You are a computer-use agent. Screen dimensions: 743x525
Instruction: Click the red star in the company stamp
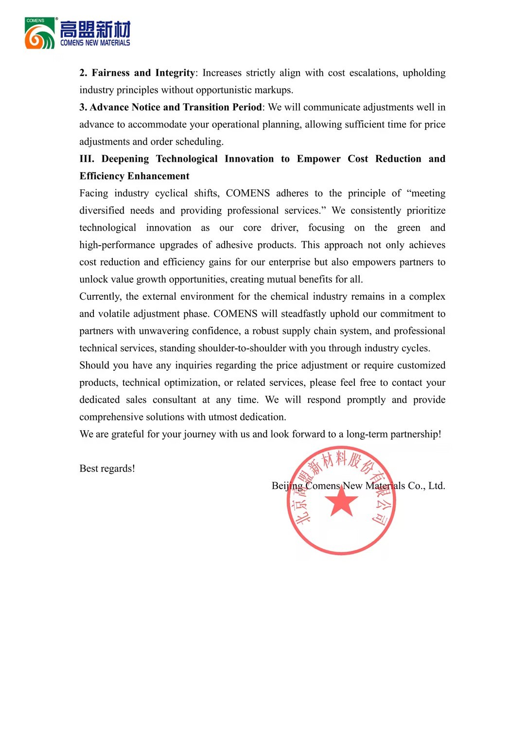tap(341, 501)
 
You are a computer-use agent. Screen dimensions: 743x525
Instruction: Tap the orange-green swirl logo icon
tap(40, 34)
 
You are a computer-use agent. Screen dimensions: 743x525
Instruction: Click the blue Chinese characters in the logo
tap(95, 30)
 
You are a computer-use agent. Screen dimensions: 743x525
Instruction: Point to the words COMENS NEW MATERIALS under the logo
tap(95, 43)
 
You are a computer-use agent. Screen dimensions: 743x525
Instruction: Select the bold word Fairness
tap(111, 73)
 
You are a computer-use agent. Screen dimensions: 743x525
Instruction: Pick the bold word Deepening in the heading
tap(125, 159)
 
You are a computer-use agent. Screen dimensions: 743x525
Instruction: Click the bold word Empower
tap(318, 159)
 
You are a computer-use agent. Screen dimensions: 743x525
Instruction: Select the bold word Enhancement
tap(158, 176)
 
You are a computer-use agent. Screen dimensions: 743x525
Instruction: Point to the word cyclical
tap(171, 193)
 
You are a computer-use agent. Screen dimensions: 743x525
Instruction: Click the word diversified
tap(102, 211)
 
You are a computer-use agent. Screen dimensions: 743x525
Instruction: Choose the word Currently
tap(100, 297)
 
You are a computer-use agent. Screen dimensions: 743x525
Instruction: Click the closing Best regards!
tap(107, 469)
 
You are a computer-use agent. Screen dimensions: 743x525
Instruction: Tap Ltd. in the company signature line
tap(437, 486)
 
